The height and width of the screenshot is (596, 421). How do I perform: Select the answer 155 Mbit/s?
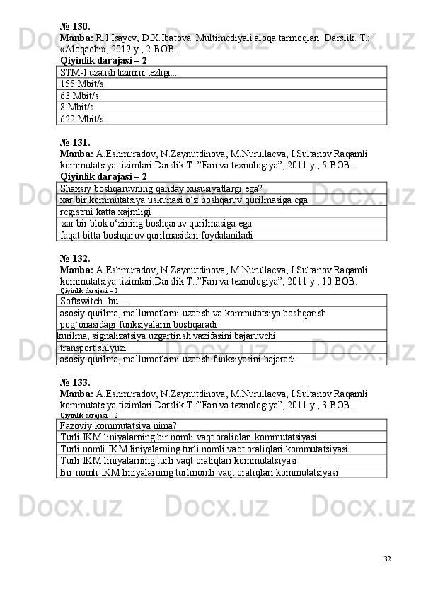(82, 83)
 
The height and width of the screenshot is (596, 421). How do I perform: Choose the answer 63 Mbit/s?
(80, 95)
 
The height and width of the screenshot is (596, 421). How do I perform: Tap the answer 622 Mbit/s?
(82, 119)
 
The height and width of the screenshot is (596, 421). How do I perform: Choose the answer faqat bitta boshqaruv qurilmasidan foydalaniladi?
(156, 235)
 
